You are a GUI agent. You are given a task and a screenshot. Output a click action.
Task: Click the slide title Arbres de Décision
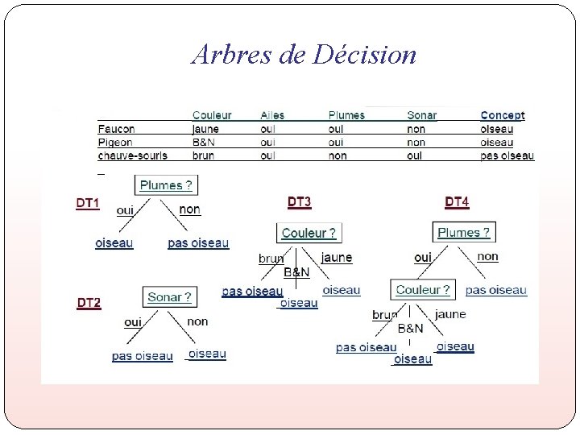(304, 55)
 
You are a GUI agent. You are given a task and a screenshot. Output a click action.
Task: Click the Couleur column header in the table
(211, 115)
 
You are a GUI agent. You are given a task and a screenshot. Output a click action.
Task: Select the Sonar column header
(421, 115)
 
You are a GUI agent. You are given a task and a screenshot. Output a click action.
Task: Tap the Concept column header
(502, 115)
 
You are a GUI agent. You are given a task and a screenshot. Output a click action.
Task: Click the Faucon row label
(116, 128)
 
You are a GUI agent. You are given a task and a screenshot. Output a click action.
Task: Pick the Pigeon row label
(115, 142)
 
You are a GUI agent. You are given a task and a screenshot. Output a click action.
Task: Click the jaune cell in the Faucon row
(205, 128)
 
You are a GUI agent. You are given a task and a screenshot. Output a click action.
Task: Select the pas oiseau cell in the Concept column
(507, 155)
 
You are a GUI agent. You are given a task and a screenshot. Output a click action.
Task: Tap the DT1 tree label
(88, 204)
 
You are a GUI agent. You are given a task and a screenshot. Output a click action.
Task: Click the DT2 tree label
(89, 303)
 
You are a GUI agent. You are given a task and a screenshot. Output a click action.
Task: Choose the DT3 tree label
(299, 201)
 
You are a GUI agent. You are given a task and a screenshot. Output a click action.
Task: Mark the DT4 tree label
(456, 201)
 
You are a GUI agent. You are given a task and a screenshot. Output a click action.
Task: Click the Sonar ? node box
(169, 297)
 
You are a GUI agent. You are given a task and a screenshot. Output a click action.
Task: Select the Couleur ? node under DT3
(309, 233)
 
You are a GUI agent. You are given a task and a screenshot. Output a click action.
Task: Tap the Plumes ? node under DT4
(463, 232)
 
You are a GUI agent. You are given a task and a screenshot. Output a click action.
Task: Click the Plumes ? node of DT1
(166, 185)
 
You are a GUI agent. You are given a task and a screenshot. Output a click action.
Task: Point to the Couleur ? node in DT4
(423, 289)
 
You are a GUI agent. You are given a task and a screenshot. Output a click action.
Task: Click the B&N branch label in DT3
(296, 272)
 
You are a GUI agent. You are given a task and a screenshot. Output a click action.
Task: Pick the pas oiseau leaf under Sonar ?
(143, 356)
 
